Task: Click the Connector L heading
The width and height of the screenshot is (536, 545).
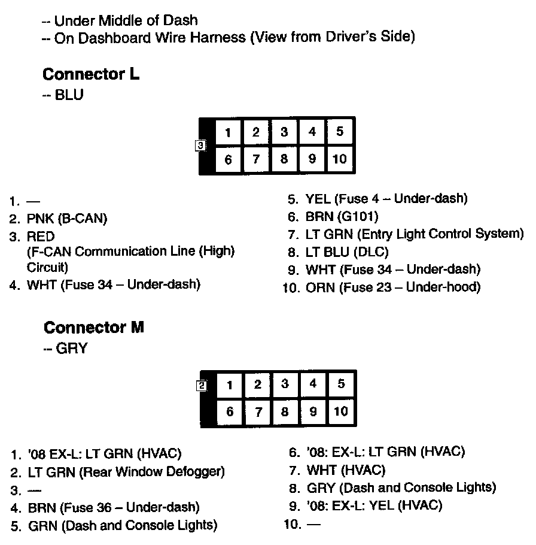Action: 91,75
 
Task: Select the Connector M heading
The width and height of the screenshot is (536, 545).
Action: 94,328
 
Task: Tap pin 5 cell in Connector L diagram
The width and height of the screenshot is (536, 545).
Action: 340,132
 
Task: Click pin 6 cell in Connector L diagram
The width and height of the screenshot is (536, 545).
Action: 228,160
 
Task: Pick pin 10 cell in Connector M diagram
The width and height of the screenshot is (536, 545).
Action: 340,411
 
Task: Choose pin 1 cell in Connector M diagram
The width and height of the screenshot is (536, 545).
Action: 229,385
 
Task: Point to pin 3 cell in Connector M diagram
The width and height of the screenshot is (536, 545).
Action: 285,384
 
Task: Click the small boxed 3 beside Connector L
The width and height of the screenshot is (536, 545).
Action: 201,145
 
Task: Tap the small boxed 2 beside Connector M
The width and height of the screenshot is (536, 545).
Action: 202,386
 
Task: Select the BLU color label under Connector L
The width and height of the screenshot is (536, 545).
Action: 69,95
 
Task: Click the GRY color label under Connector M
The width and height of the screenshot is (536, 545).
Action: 71,349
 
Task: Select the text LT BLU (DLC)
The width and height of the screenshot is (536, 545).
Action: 347,252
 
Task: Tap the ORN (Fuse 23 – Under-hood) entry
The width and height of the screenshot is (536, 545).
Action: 392,287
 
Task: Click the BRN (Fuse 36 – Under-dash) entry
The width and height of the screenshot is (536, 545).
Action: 114,508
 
